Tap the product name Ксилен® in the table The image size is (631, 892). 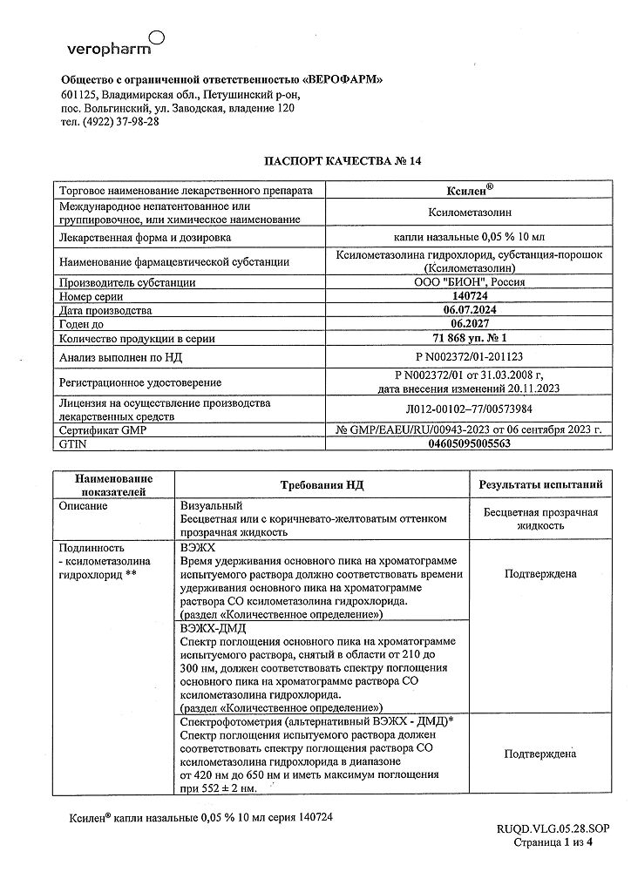[476, 190]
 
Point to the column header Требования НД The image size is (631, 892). [322, 483]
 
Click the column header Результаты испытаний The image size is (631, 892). [540, 483]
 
